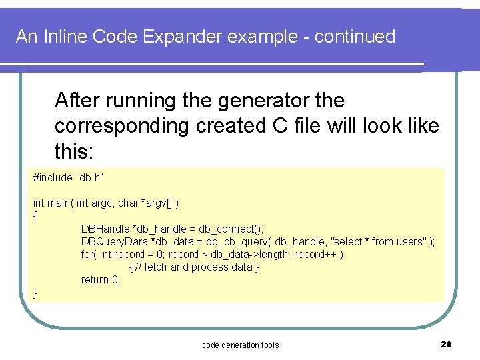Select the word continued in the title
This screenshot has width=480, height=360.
coord(355,37)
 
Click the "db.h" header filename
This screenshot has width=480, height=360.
coord(90,177)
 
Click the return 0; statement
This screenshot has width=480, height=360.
coord(101,279)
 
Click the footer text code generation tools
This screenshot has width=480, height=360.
coord(240,345)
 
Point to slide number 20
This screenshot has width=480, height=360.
coord(447,344)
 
